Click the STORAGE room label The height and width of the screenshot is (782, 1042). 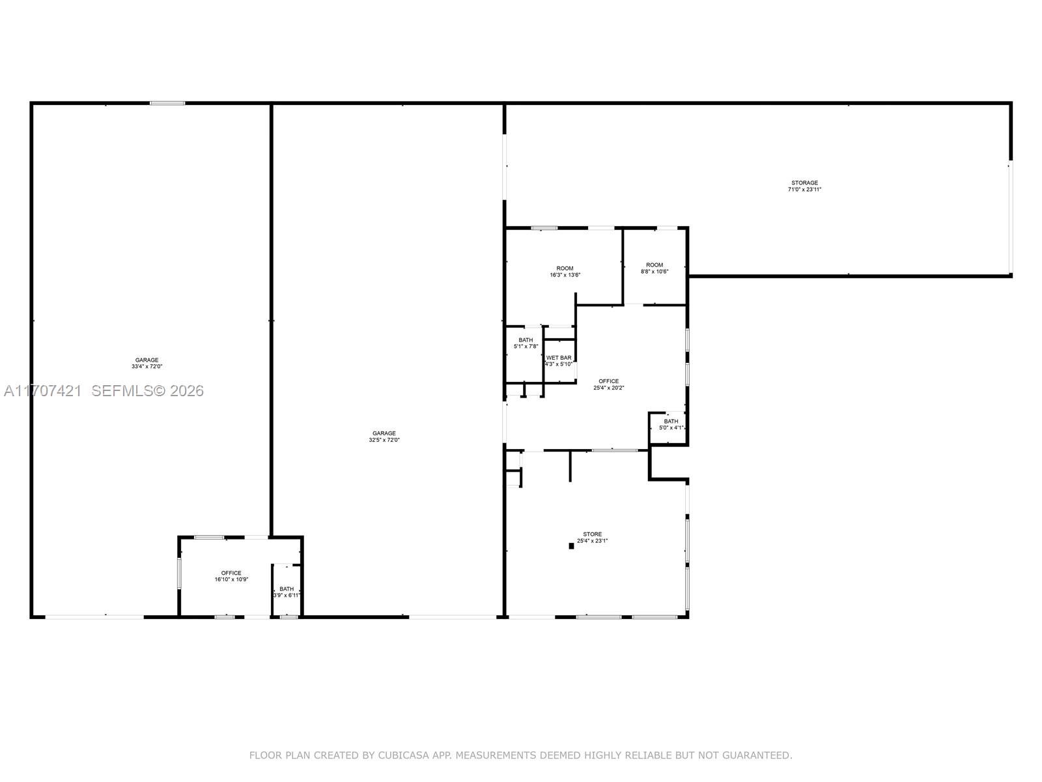[x=804, y=183]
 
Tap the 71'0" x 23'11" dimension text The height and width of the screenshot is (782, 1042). [x=804, y=190]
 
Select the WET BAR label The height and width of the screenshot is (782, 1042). [x=559, y=358]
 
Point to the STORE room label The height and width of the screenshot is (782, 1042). [x=592, y=534]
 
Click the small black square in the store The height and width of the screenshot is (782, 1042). [x=571, y=546]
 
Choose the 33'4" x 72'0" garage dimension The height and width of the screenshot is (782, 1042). [x=147, y=367]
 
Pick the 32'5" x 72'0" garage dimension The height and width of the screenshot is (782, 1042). [x=384, y=440]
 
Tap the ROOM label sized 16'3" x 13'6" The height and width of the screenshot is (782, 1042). [x=565, y=268]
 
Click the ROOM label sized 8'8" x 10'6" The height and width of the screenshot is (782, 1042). [x=655, y=265]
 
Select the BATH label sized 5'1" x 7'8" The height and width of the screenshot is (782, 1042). [x=526, y=340]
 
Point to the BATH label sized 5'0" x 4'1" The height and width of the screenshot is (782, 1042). [x=671, y=422]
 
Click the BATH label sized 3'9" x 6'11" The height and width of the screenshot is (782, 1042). [x=287, y=589]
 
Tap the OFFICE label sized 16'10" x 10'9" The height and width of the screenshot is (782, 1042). [x=231, y=573]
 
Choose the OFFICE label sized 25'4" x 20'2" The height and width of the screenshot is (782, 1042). [x=609, y=381]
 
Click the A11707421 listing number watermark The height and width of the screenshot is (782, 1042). [x=42, y=391]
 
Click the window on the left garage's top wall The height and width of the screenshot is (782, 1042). [x=167, y=103]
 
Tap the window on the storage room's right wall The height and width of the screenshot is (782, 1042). [x=1011, y=216]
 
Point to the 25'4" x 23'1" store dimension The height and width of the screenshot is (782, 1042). [x=592, y=541]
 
